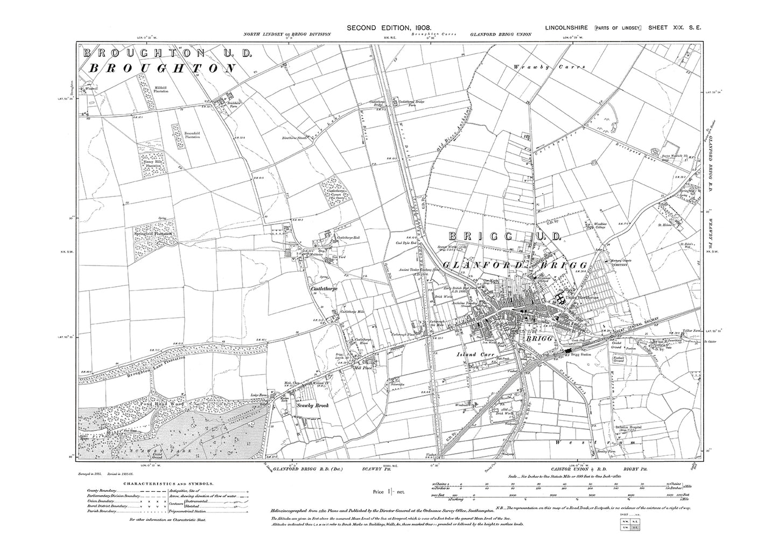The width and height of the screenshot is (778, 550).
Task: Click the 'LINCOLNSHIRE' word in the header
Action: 567,27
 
